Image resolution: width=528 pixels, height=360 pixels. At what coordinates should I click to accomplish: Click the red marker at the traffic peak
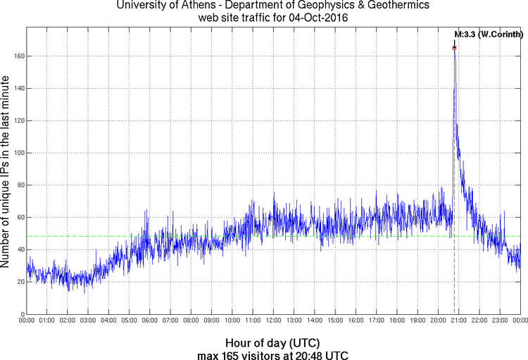point(454,48)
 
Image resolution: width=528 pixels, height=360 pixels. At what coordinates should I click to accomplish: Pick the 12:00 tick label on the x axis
point(273,321)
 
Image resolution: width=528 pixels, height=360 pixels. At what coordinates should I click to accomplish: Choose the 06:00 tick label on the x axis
point(150,321)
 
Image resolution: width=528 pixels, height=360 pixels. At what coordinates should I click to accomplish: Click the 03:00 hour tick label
point(88,321)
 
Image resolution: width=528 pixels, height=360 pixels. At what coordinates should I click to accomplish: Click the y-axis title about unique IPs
point(6,169)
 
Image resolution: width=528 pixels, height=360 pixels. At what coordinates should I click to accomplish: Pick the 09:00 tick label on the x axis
point(211,321)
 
